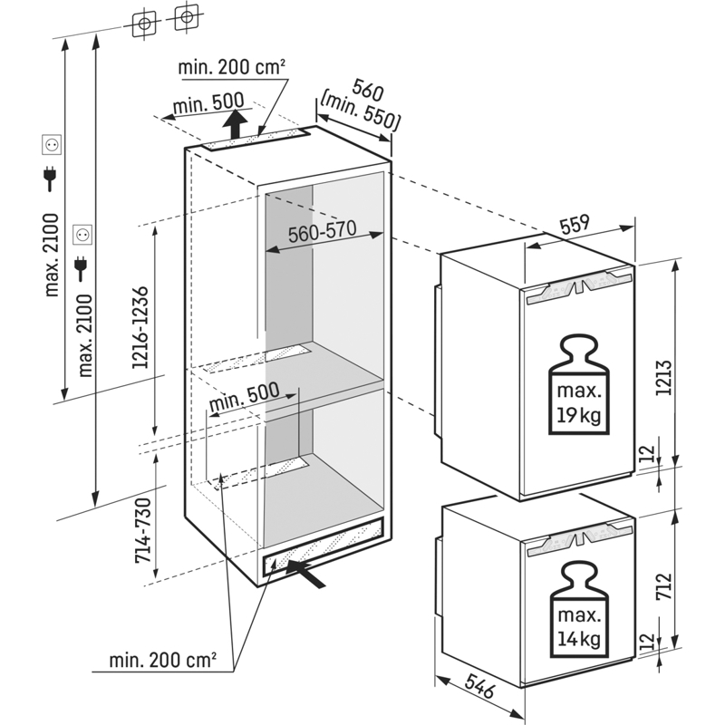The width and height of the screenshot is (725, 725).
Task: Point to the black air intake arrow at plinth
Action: pos(306,572)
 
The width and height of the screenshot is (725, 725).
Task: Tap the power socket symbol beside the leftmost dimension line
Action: pos(52,143)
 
